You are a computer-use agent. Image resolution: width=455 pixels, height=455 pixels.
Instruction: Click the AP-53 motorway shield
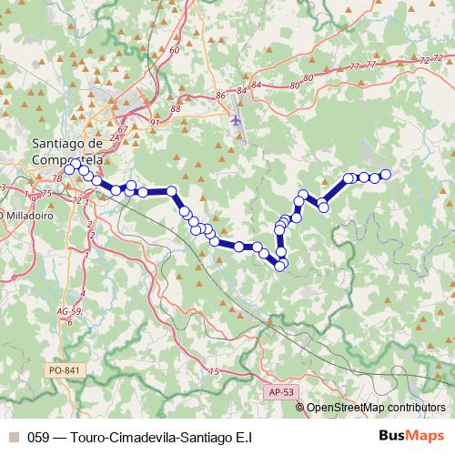click(x=282, y=391)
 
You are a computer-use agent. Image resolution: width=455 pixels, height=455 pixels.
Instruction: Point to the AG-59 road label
click(x=68, y=311)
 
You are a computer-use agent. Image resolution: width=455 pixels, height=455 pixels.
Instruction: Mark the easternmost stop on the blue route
click(x=385, y=174)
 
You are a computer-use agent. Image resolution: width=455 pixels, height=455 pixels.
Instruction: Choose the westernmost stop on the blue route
click(x=69, y=169)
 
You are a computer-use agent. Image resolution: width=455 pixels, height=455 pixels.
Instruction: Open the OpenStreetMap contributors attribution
click(x=376, y=408)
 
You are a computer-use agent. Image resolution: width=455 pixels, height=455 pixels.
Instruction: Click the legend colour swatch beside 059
click(x=13, y=437)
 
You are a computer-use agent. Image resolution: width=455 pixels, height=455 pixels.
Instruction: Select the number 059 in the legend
click(x=38, y=437)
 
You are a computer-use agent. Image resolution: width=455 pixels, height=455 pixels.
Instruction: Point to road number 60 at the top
click(x=174, y=50)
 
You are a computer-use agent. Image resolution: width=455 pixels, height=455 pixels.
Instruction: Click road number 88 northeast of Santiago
click(x=176, y=109)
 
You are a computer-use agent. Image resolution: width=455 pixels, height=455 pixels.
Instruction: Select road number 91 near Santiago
click(x=155, y=122)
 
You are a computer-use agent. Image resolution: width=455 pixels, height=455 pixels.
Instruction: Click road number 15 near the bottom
click(x=215, y=371)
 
